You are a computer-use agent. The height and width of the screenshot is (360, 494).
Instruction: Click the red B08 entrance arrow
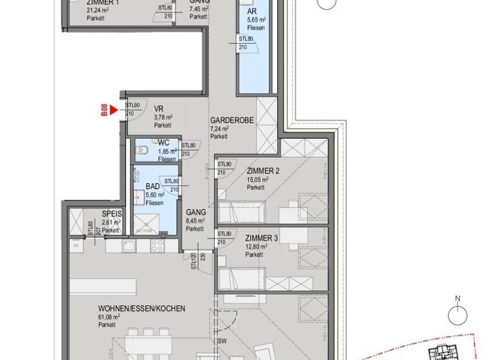(x=114, y=111)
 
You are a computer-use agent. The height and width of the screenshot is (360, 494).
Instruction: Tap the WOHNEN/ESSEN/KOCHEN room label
(x=142, y=309)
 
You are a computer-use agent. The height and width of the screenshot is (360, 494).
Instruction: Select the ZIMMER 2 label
(x=262, y=171)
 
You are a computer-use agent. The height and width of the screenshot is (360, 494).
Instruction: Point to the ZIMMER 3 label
(x=262, y=239)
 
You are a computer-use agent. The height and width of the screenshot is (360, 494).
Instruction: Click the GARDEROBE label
(x=232, y=120)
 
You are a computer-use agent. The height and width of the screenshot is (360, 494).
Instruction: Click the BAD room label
(x=152, y=186)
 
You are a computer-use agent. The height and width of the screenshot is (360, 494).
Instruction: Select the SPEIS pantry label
(x=112, y=214)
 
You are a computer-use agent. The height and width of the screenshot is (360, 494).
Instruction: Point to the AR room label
(x=253, y=12)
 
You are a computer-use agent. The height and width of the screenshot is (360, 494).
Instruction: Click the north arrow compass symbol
(x=458, y=314)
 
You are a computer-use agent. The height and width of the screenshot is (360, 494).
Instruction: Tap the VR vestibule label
(x=158, y=109)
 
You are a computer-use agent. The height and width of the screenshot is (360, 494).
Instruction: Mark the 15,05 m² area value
(x=257, y=179)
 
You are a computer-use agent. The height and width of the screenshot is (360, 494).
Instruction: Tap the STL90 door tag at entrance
(x=132, y=105)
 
